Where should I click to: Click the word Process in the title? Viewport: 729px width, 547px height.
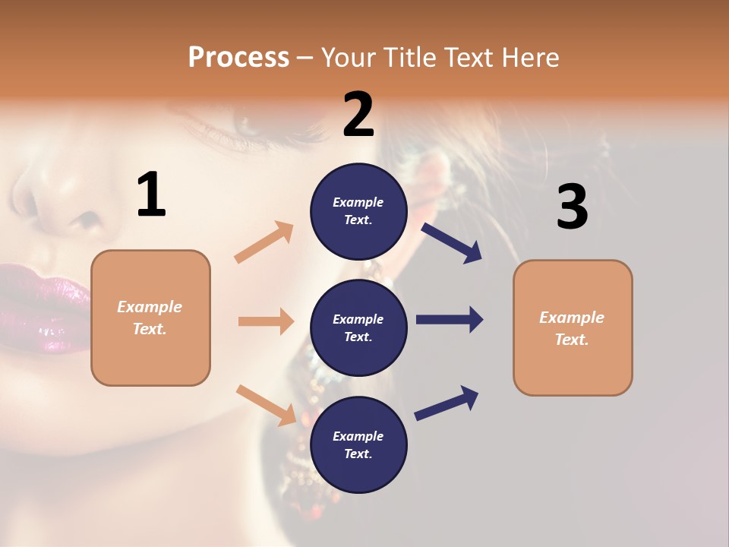pos(238,57)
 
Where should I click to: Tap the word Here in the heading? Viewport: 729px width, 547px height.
pos(529,57)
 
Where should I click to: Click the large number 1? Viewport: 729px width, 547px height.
pos(151,195)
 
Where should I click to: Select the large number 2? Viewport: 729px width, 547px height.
pos(358,115)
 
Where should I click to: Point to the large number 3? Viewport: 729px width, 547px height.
pos(572,207)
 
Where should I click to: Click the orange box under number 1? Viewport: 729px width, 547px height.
pos(150,318)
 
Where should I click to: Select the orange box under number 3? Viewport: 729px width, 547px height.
pos(573,328)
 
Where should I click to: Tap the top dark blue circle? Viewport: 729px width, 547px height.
pos(358,210)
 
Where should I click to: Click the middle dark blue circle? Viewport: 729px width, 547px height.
pos(358,327)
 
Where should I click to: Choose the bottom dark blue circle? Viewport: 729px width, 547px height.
pos(358,444)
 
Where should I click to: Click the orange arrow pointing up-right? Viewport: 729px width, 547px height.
pos(264,242)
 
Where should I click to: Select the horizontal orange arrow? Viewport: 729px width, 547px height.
pos(266,321)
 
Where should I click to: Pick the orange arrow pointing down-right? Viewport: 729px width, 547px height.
pos(266,405)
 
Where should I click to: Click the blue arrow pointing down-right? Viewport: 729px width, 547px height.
pos(452,243)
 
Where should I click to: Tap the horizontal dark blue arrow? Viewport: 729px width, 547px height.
pos(450,320)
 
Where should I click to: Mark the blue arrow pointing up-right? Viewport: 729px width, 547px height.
pos(447,403)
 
